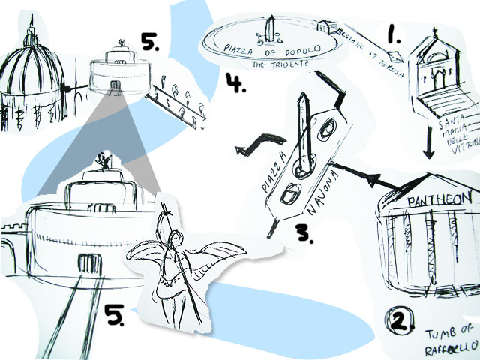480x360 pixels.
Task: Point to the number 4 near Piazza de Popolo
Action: click(x=235, y=81)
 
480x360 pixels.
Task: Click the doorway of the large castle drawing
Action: click(x=89, y=262)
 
